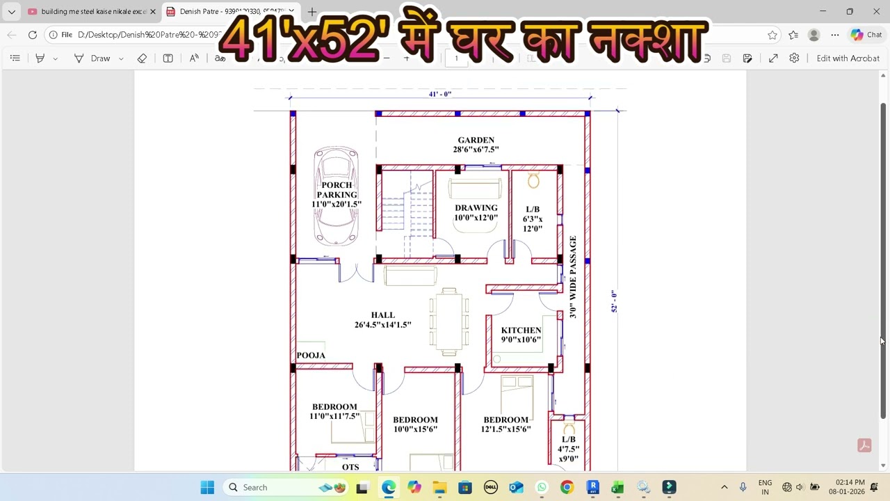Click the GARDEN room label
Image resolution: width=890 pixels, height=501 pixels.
coord(476,140)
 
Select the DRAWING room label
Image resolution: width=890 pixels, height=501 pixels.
coord(476,208)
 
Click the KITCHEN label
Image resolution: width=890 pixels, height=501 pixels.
coord(521,331)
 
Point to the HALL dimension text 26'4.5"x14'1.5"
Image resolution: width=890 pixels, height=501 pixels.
coord(382,325)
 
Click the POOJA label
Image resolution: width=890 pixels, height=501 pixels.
coord(311,356)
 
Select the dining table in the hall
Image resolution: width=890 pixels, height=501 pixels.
coord(449,322)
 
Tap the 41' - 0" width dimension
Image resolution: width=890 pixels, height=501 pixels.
coord(439,94)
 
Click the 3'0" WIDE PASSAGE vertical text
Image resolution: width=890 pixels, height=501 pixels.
coord(573,277)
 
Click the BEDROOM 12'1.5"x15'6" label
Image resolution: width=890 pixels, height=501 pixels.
coord(505,424)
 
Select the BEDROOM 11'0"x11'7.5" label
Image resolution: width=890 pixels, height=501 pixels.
coord(334,411)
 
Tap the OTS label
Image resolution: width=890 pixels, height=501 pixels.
coord(350,467)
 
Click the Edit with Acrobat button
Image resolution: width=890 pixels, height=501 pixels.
coord(848,58)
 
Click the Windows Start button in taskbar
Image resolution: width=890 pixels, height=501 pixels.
coord(207,488)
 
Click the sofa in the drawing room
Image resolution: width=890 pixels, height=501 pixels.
coord(475,189)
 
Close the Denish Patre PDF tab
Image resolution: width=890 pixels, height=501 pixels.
coord(291,12)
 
